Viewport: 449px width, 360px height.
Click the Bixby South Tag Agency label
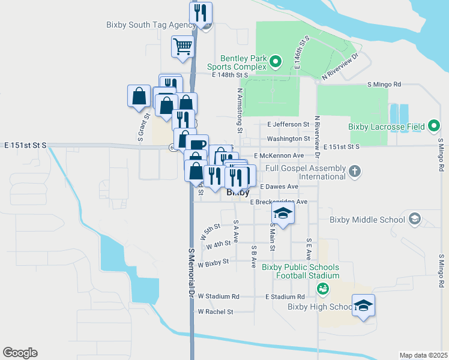point(151,25)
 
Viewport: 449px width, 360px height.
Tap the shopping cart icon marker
point(182,46)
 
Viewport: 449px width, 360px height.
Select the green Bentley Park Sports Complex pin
point(276,61)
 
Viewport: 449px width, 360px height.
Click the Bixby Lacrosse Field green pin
point(434,127)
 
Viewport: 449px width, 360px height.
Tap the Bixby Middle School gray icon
point(414,219)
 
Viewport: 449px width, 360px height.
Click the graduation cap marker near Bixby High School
point(364,306)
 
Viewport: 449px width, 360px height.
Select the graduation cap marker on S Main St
point(283,213)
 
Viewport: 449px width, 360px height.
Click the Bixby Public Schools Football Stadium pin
point(323,289)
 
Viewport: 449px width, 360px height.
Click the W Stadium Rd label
point(218,296)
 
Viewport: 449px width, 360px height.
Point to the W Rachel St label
point(215,312)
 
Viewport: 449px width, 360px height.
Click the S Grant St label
point(140,128)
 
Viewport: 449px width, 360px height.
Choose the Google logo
point(20,353)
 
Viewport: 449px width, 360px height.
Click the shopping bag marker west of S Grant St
point(139,96)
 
